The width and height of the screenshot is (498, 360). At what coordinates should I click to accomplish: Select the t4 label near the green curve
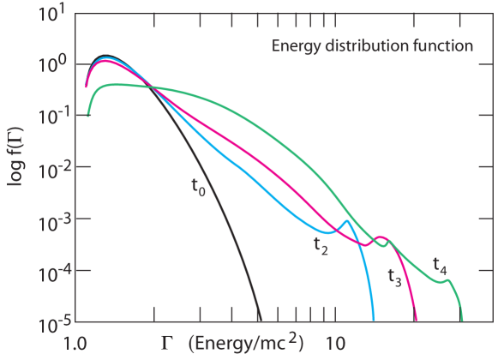438,267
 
